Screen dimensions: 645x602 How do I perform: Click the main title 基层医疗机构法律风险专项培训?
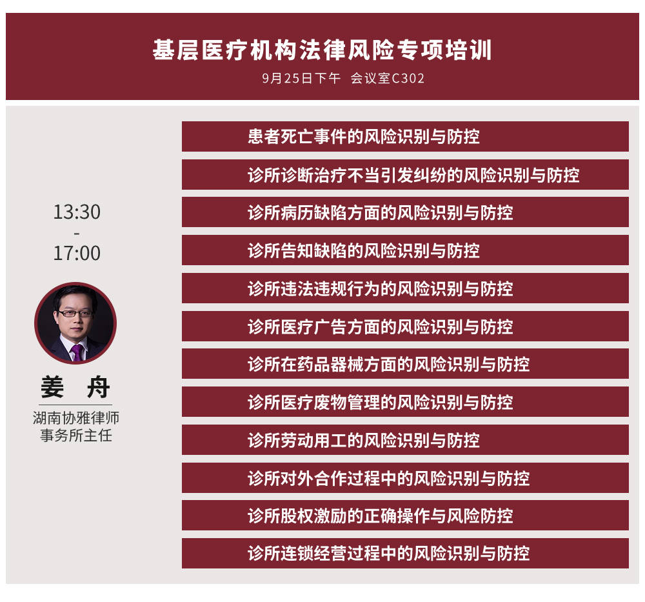(x=322, y=50)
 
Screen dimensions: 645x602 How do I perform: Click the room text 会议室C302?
(x=388, y=78)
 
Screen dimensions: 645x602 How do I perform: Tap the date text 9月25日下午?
(x=301, y=78)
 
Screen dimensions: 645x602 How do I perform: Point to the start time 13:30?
(x=77, y=212)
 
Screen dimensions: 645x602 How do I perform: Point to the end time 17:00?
(x=77, y=253)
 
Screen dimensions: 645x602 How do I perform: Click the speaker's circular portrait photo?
(x=75, y=323)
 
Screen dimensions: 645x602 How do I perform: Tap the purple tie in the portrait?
(x=77, y=353)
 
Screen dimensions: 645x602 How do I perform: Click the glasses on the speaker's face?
(x=75, y=314)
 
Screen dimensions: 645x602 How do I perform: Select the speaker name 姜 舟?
(x=75, y=387)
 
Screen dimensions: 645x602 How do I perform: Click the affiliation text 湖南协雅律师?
(x=76, y=418)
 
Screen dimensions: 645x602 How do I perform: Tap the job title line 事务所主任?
(x=76, y=436)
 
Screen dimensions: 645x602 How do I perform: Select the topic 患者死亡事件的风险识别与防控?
(x=364, y=137)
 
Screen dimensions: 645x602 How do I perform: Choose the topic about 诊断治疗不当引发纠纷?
(x=413, y=175)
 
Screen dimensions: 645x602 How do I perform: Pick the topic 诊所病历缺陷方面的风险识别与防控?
(x=380, y=212)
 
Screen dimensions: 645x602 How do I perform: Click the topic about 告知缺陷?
(x=364, y=250)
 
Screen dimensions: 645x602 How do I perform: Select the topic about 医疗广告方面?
(x=380, y=326)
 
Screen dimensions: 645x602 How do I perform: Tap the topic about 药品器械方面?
(x=388, y=364)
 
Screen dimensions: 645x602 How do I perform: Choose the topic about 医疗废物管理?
(x=380, y=402)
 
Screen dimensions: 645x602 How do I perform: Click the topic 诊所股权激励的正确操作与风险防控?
(x=380, y=516)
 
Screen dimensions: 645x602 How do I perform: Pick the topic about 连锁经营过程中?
(x=388, y=554)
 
